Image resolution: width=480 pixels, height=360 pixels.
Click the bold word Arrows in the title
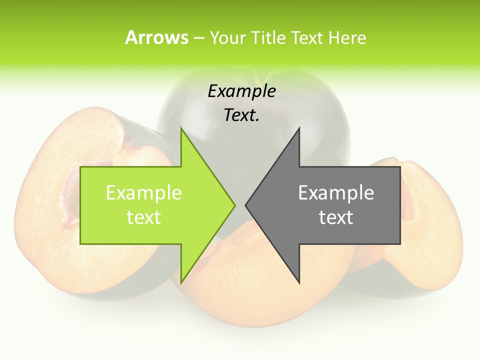pyautogui.click(x=156, y=37)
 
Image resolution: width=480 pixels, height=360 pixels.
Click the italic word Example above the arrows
pyautogui.click(x=241, y=91)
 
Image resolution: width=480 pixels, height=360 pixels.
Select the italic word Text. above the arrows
pyautogui.click(x=241, y=115)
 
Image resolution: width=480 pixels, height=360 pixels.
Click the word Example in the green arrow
pyautogui.click(x=143, y=192)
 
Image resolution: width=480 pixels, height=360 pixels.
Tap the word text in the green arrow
pyautogui.click(x=143, y=217)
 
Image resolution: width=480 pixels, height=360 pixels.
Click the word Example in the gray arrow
pyautogui.click(x=336, y=192)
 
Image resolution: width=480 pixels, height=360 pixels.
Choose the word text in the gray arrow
pyautogui.click(x=336, y=217)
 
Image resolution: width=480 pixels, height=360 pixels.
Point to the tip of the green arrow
pyautogui.click(x=235, y=205)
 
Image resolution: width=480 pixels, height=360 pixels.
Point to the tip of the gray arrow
pyautogui.click(x=245, y=205)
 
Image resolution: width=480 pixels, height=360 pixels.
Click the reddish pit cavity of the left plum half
pyautogui.click(x=70, y=195)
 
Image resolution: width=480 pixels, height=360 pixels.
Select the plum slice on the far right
pyautogui.click(x=425, y=210)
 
